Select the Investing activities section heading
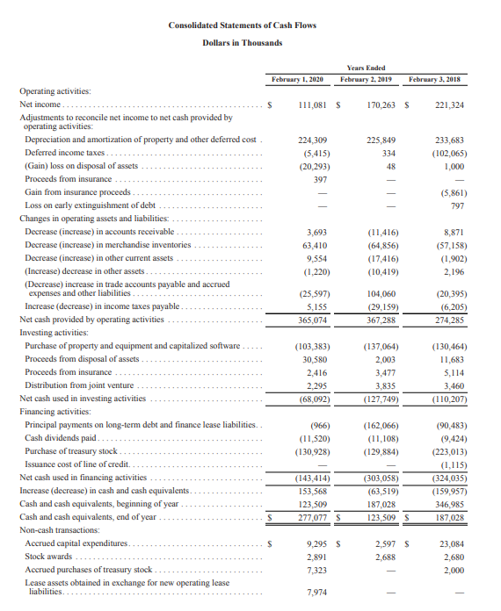coord(53,333)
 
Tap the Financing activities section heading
coord(54,411)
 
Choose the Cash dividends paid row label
coord(66,437)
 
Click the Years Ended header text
coord(366,68)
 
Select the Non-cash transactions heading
coord(55,529)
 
